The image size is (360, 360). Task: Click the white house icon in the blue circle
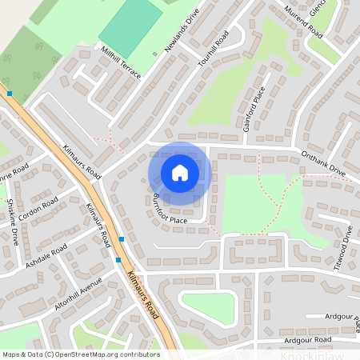[180, 173]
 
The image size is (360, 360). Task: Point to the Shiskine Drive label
[12, 222]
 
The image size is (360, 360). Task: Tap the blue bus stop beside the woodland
[10, 94]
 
